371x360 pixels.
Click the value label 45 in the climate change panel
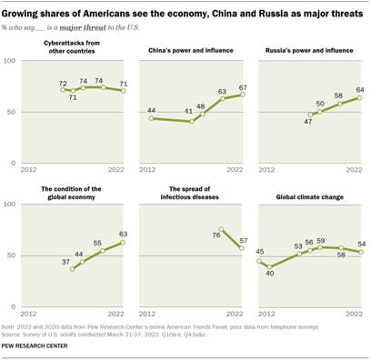click(259, 252)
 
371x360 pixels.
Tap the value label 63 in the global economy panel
click(122, 233)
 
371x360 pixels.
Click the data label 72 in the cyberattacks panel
click(65, 84)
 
